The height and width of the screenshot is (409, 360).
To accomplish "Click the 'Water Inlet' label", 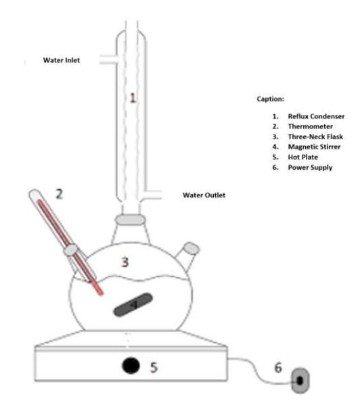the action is [x=62, y=60].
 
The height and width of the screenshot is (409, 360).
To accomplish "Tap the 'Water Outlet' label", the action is [x=204, y=195].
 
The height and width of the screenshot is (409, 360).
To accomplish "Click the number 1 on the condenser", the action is [x=133, y=98].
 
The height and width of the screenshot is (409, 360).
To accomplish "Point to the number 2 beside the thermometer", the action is [x=60, y=194].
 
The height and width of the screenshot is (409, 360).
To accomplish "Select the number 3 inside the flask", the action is [x=125, y=262].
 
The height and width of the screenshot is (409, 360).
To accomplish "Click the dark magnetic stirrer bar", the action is [x=133, y=304].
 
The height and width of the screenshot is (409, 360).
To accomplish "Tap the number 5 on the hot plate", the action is [x=154, y=367].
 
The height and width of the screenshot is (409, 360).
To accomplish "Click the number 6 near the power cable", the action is [x=278, y=368].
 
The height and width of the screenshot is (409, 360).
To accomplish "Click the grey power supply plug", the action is [x=300, y=381].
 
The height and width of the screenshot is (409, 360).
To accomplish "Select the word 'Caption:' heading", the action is [x=271, y=99].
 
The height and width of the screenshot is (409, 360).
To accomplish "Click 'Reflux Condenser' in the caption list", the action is [x=316, y=116].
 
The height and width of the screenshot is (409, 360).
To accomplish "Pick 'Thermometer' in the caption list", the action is [x=311, y=126].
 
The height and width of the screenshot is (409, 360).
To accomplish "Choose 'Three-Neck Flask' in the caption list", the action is [x=315, y=137].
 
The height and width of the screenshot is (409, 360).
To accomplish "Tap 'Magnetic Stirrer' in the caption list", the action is [x=314, y=147].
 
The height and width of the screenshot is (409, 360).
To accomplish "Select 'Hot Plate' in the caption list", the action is [x=303, y=157].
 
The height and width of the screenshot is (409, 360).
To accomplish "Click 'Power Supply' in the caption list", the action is [x=310, y=168].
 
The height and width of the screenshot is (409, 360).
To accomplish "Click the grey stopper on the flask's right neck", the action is [x=192, y=248].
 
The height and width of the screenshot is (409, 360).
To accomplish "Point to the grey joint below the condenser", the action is [x=131, y=220].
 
